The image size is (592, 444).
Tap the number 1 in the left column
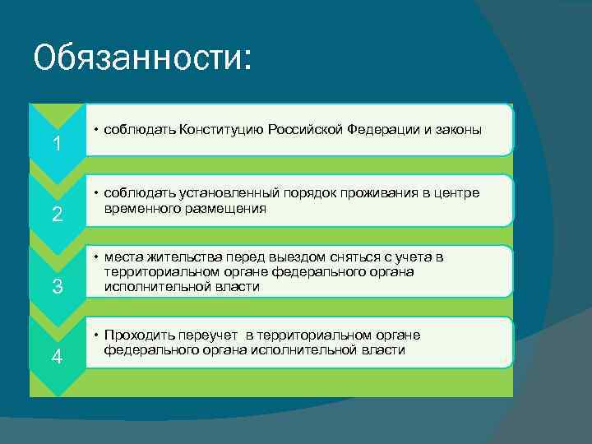56,145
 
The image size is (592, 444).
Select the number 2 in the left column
57,215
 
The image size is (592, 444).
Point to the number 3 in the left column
57,287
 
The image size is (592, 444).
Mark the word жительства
176,257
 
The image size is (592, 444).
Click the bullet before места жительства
96,257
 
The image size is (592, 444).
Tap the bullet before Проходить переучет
96,335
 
